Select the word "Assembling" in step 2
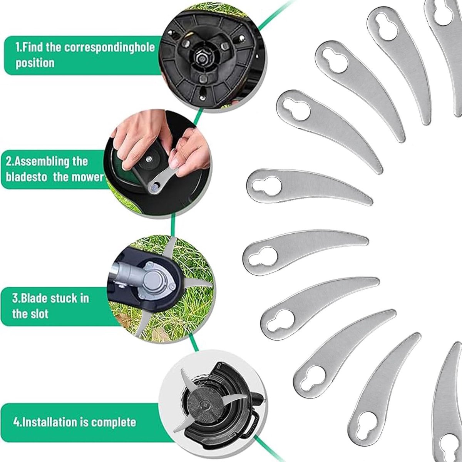pos(44,162)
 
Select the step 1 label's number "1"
pos(17,48)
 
